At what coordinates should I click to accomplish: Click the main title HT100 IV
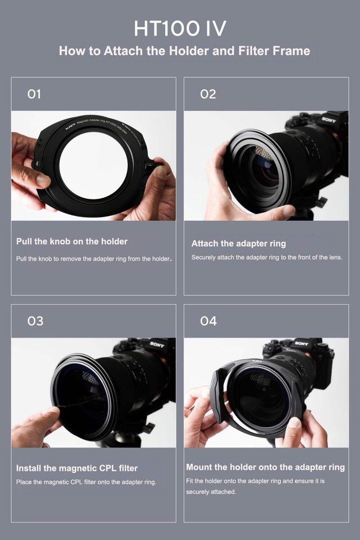point(180,28)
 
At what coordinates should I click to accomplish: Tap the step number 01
point(34,94)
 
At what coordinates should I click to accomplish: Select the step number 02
point(208,94)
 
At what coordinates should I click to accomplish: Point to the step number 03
point(35,321)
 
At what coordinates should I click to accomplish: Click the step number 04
point(208,321)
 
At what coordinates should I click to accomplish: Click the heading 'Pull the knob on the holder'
point(72,241)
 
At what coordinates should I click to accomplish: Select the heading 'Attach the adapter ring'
point(239,244)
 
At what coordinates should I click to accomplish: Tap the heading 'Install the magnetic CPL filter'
point(77,468)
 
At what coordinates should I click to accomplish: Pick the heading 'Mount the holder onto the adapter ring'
point(266,467)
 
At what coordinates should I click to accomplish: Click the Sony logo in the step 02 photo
point(329,120)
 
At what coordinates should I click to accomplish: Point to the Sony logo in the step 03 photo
point(157,344)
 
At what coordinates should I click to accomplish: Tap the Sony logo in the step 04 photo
point(301,343)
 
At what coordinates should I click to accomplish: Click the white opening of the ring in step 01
point(93,165)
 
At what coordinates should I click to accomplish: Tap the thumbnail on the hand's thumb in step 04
point(294,422)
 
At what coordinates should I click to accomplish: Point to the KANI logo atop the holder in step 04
point(257,361)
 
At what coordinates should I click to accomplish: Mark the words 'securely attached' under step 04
point(210,492)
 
